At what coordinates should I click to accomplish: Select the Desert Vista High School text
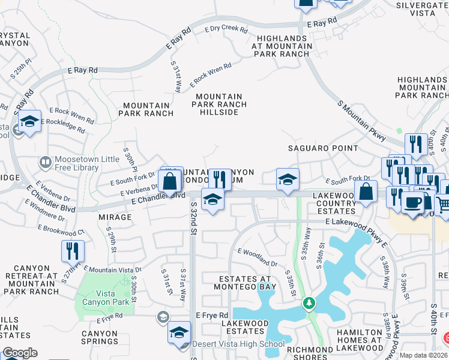(x=238, y=344)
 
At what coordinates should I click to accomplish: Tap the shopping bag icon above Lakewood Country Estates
(x=366, y=192)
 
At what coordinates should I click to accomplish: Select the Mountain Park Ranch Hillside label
(x=219, y=104)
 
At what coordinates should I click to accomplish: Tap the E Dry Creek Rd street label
(x=222, y=28)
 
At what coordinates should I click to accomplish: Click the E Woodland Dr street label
(x=258, y=257)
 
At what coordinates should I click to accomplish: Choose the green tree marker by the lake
(x=309, y=304)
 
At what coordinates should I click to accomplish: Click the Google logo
(x=20, y=353)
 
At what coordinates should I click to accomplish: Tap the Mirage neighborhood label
(x=115, y=217)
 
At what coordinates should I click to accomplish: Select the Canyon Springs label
(x=100, y=338)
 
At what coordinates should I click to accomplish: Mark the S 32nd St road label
(x=194, y=218)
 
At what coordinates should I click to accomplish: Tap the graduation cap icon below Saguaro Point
(x=288, y=179)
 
